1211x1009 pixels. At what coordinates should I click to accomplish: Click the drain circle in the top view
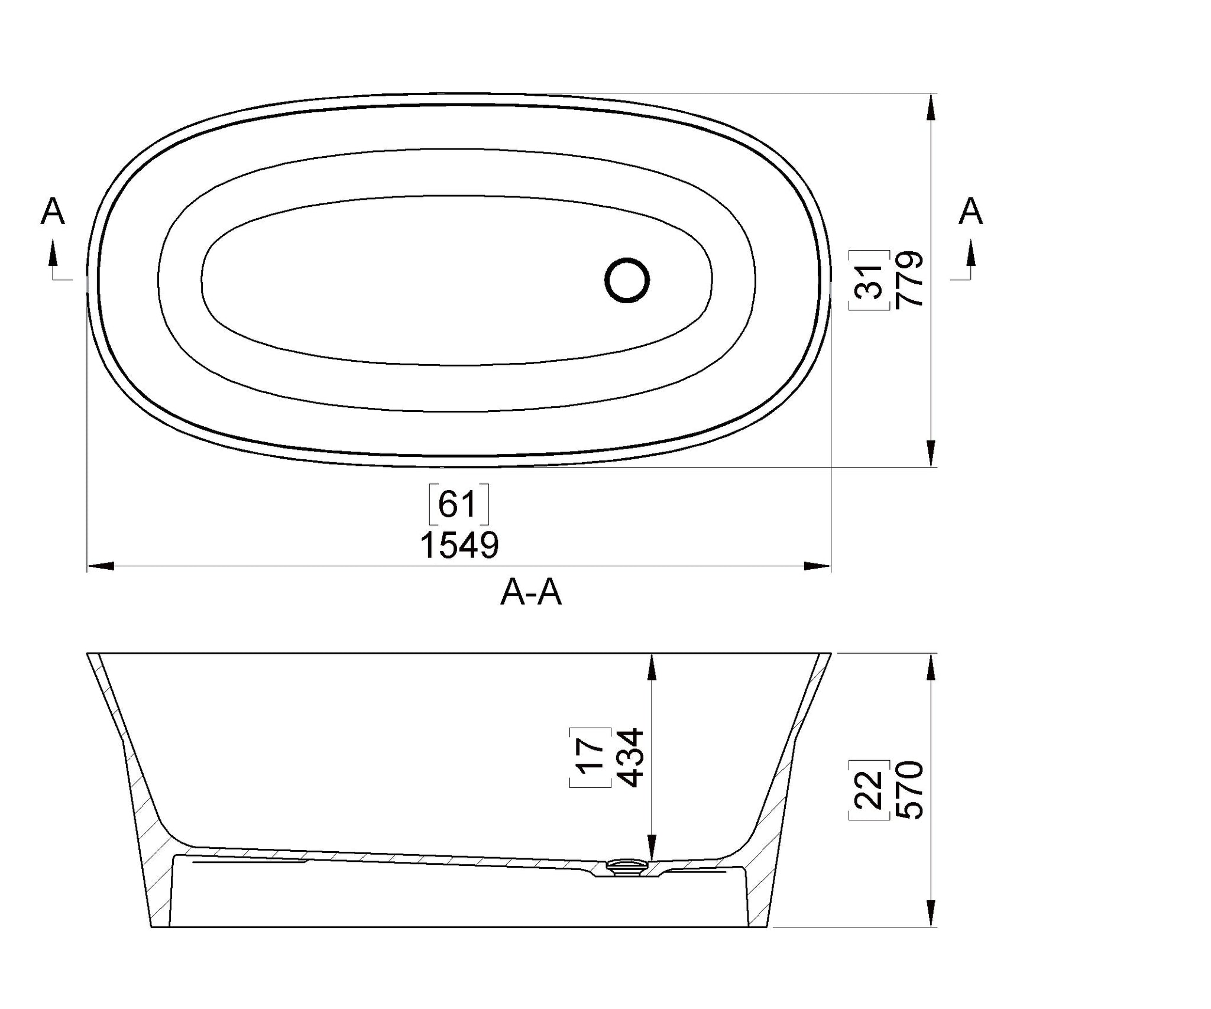coord(627,280)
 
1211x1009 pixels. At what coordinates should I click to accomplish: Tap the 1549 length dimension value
coord(459,545)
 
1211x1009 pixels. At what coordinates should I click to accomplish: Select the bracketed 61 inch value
coord(458,504)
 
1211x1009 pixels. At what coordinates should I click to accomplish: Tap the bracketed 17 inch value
coord(591,758)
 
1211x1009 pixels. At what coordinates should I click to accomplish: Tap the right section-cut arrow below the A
coord(970,254)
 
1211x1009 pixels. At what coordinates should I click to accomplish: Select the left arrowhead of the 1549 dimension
coord(101,566)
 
